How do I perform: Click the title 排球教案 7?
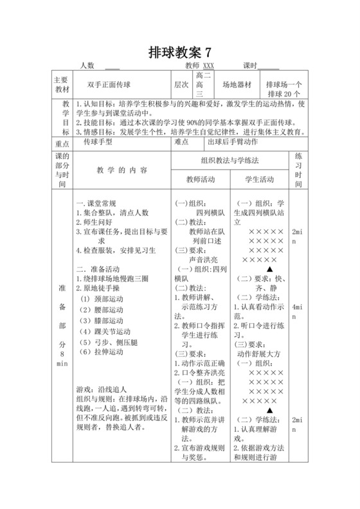pos(179,51)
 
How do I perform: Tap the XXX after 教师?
pos(208,66)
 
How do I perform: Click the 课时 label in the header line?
pos(251,66)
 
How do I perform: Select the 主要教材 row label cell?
pos(62,85)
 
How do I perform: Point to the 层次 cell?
pos(181,85)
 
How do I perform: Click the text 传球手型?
pos(97,143)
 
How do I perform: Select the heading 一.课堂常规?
pos(96,202)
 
